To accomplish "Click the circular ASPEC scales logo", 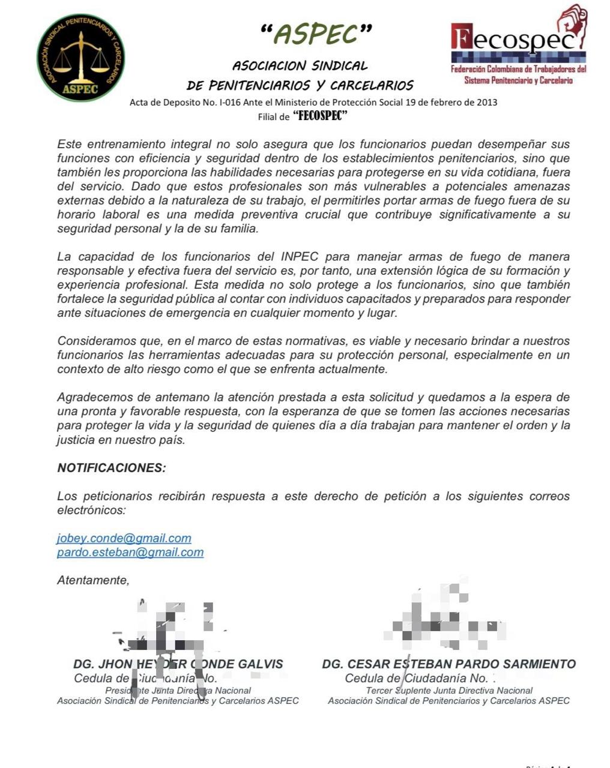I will click(x=80, y=58).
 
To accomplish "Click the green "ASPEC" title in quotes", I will click(x=316, y=35).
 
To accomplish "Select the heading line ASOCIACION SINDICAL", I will click(x=300, y=65).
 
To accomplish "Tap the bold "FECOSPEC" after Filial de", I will click(x=320, y=116).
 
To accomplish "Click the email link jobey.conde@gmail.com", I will click(x=124, y=538).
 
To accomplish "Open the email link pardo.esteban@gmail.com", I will click(x=130, y=552).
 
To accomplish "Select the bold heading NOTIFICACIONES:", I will click(x=112, y=467).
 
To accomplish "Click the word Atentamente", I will click(x=93, y=580).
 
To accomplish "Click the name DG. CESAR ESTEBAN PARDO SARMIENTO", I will click(x=448, y=664).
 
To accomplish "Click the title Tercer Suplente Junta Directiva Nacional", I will click(x=449, y=691).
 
